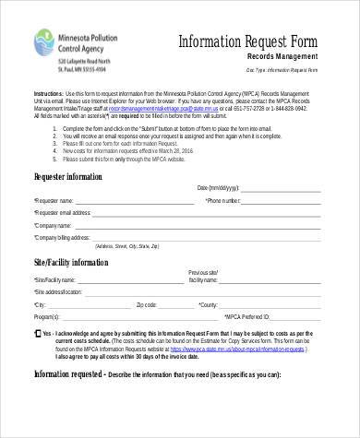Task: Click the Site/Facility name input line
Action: [x=129, y=280]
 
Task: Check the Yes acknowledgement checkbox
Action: [x=36, y=332]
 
